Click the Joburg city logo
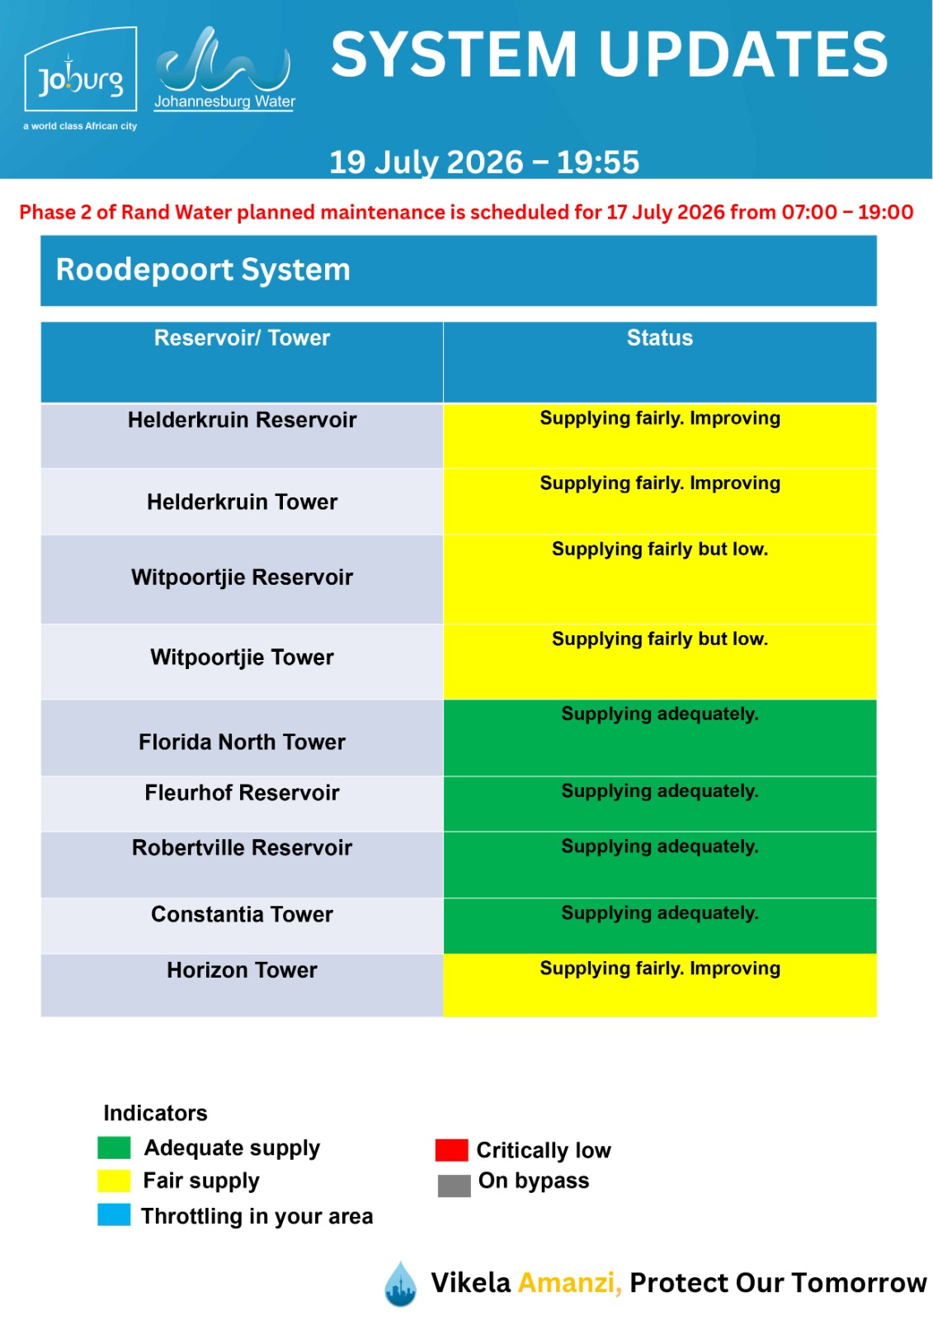click(80, 78)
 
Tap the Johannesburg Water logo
click(224, 68)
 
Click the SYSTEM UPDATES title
click(609, 54)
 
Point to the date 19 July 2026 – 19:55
click(484, 162)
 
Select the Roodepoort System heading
click(203, 269)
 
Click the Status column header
click(659, 337)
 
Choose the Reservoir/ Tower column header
click(242, 337)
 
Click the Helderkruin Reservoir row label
click(242, 420)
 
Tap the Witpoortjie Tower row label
click(242, 657)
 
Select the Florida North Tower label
click(242, 742)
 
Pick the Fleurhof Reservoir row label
click(242, 793)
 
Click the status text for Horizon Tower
click(659, 969)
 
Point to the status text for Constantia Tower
click(659, 912)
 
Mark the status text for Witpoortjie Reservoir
click(659, 549)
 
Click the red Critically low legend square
click(451, 1150)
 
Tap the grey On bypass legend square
click(454, 1185)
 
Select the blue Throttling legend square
click(114, 1214)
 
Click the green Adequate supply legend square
click(114, 1148)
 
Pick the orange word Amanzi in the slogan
click(569, 1282)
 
